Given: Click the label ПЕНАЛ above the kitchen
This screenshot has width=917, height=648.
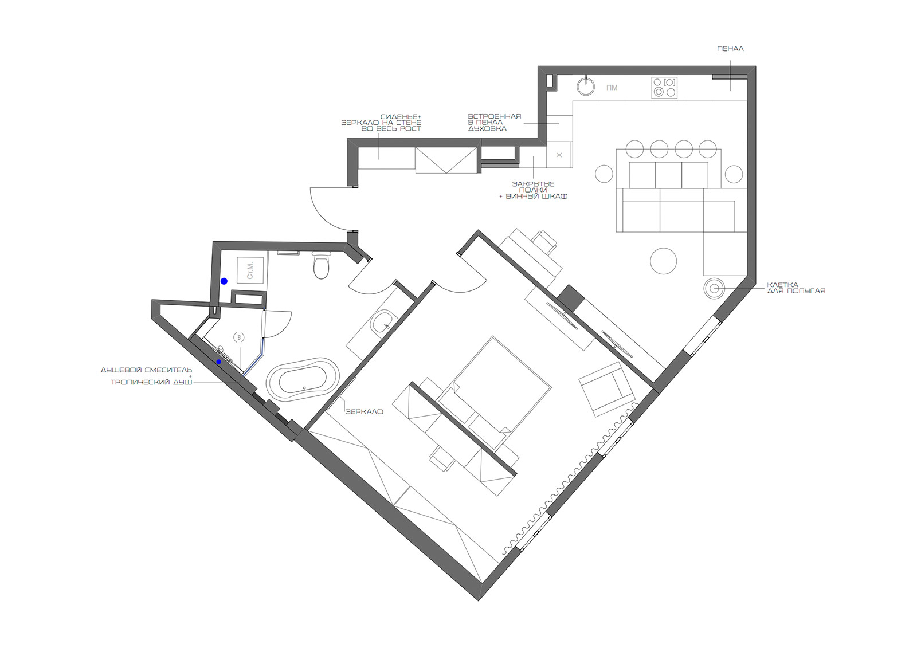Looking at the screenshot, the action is point(730,49).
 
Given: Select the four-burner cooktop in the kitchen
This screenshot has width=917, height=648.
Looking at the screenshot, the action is point(664,88).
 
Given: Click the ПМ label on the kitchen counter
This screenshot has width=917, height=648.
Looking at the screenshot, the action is point(612,88).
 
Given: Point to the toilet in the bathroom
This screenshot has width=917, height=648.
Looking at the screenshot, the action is point(322,265).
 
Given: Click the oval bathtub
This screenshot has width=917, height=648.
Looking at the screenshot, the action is point(303,378).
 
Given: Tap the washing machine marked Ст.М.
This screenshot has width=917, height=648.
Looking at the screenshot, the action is point(250,270).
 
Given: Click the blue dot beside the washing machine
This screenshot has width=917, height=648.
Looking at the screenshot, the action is point(224,281).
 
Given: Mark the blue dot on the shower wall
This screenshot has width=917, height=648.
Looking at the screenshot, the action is point(219,362).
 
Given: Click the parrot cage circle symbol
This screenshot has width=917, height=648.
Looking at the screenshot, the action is point(714,288).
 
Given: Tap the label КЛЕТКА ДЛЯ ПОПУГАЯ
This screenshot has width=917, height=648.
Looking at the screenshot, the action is point(796,288).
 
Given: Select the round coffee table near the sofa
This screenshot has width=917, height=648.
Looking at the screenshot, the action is point(663,261).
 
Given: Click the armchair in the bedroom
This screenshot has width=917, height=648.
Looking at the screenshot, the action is point(608,389).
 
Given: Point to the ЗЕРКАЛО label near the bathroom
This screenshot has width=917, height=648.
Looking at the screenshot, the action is point(365,412).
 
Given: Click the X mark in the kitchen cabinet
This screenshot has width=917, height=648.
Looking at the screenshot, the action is point(559,155).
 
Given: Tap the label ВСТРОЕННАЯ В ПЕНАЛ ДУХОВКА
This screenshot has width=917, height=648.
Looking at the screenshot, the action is point(495,123).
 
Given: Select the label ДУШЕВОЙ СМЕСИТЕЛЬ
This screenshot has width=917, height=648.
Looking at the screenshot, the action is point(147,370).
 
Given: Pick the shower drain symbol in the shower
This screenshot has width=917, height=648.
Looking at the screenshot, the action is point(239,337).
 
